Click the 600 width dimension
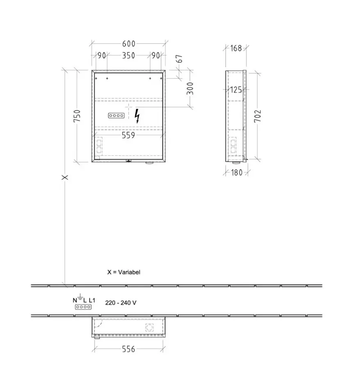pyautogui.click(x=129, y=44)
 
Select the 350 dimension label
pyautogui.click(x=129, y=55)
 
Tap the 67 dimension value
pyautogui.click(x=180, y=59)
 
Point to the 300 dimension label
pyautogui.click(x=190, y=89)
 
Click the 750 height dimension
pyautogui.click(x=77, y=116)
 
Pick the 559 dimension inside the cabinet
pyautogui.click(x=128, y=135)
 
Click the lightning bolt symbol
pyautogui.click(x=137, y=116)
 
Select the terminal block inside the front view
pyautogui.click(x=116, y=115)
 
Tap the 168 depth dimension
pyautogui.click(x=236, y=48)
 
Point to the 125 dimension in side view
pyautogui.click(x=236, y=90)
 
